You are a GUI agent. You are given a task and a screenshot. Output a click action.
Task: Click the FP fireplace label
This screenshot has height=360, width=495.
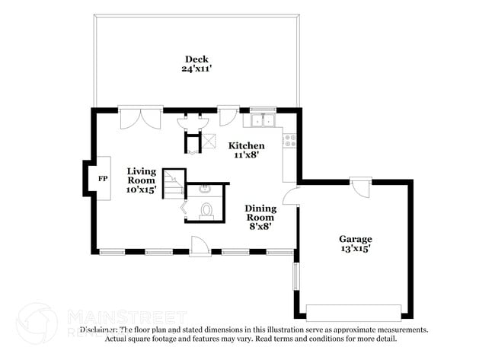coord(103,178)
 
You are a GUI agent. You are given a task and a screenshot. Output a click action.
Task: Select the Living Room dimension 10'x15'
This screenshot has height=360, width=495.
coord(141,190)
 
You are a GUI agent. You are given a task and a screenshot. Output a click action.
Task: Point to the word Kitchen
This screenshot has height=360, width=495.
coord(248,145)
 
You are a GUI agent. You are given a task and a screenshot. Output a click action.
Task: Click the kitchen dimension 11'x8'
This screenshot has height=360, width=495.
coord(248,155)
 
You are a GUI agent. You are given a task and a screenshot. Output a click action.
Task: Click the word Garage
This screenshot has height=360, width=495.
coord(355,238)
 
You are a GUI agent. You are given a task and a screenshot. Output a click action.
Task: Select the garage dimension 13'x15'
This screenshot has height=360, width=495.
coord(355,249)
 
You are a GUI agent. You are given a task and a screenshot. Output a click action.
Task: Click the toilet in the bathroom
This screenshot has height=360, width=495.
coord(206,211)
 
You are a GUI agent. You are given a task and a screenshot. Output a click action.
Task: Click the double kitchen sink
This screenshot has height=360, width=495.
coord(263,119)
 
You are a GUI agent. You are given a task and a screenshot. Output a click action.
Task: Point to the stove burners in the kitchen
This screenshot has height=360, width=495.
coord(289,140)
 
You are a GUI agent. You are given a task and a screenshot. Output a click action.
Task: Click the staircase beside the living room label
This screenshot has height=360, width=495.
coord(175,183)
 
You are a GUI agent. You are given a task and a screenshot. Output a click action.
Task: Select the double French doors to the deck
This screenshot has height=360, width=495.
coord(141,118)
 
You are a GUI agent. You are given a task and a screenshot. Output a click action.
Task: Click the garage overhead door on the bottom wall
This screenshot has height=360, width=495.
coord(353,313)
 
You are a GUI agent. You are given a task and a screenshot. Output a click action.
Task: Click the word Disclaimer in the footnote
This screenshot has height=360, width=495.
coord(99,330)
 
